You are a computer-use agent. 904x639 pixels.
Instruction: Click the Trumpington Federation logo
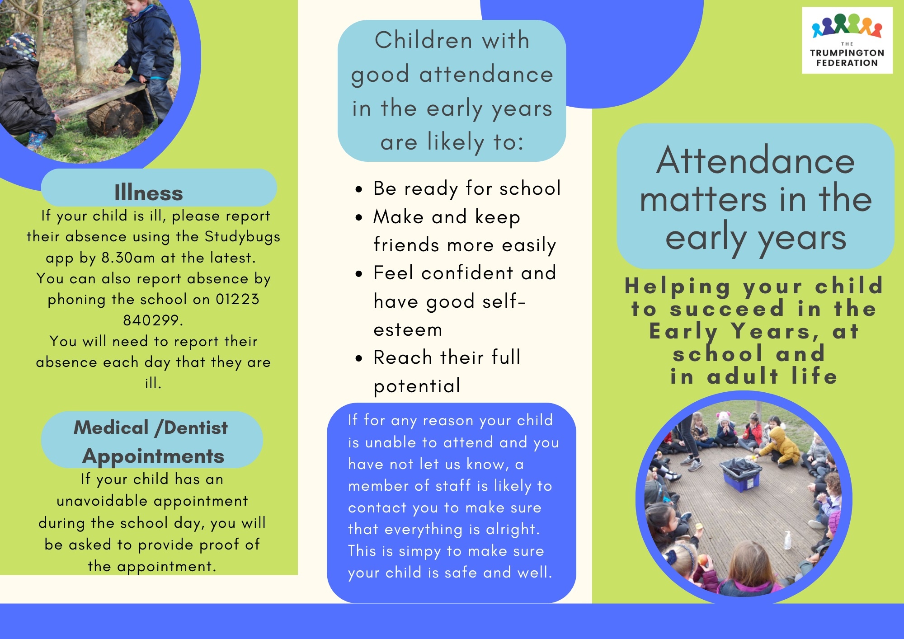click(x=847, y=40)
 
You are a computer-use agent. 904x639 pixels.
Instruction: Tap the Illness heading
click(x=149, y=193)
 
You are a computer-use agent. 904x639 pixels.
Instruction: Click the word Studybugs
click(x=242, y=237)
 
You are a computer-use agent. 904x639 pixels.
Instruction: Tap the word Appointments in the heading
click(x=153, y=456)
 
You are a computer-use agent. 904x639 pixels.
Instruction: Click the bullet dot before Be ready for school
click(x=359, y=189)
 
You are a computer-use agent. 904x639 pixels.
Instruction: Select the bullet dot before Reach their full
click(x=359, y=359)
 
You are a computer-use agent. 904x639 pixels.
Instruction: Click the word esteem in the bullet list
click(x=408, y=329)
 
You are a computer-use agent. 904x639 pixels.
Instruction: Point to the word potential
click(x=417, y=386)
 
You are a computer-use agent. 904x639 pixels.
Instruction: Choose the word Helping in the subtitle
click(x=678, y=287)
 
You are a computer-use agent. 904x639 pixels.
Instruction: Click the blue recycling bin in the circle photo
click(x=740, y=472)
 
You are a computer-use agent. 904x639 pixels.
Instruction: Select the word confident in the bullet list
click(x=467, y=273)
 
